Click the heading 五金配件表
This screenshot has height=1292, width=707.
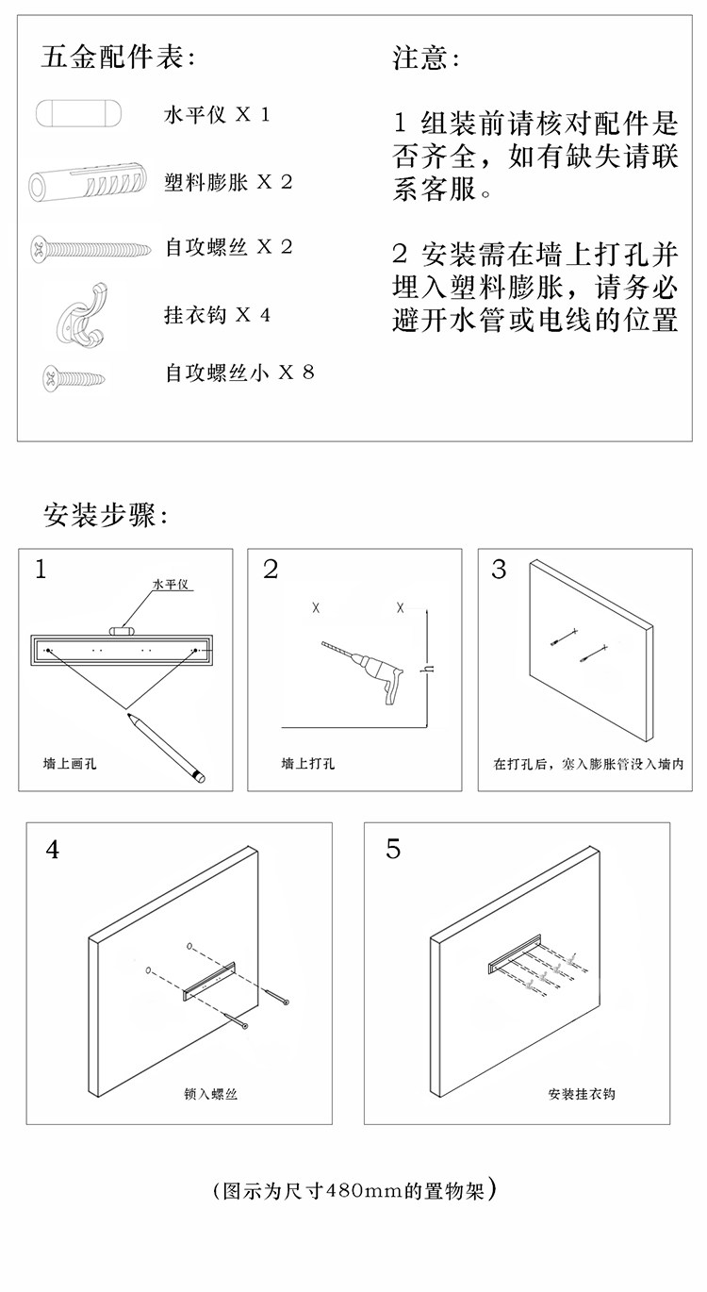(118, 58)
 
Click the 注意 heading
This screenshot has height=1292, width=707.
(426, 58)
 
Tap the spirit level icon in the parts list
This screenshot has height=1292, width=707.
(78, 113)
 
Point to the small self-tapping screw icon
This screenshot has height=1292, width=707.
(74, 378)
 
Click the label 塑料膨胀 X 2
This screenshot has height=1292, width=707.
(228, 182)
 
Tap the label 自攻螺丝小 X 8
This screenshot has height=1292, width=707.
(239, 373)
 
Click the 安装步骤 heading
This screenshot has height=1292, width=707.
(107, 515)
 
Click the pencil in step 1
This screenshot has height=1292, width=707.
(166, 748)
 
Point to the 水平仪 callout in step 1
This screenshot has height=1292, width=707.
(171, 585)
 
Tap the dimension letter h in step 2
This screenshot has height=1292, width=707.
(429, 670)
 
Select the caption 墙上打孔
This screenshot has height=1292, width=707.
(308, 764)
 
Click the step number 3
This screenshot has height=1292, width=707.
(499, 570)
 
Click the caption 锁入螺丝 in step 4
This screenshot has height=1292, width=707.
(210, 1094)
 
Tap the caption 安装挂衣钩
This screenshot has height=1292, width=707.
(582, 1094)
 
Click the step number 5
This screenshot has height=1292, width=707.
(393, 849)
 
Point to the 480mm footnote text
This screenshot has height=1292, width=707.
(354, 1190)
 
